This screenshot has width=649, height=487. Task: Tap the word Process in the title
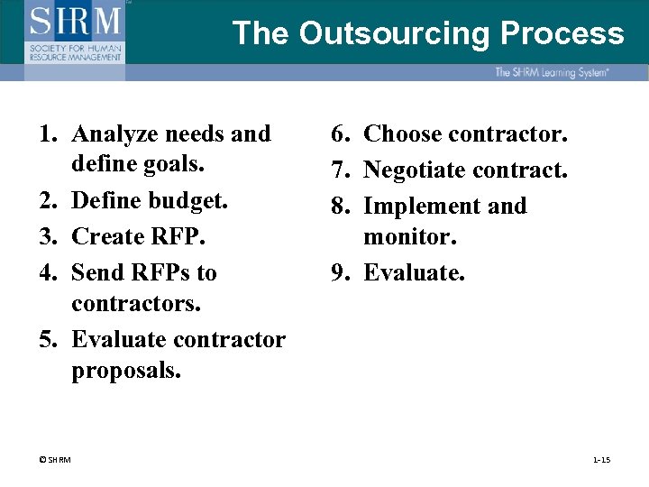[x=562, y=33]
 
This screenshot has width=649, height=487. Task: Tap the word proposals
[x=126, y=371]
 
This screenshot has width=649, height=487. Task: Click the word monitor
[x=410, y=236]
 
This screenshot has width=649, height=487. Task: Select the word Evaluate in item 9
[x=414, y=272]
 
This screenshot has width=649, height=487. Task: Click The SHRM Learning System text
[x=551, y=72]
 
